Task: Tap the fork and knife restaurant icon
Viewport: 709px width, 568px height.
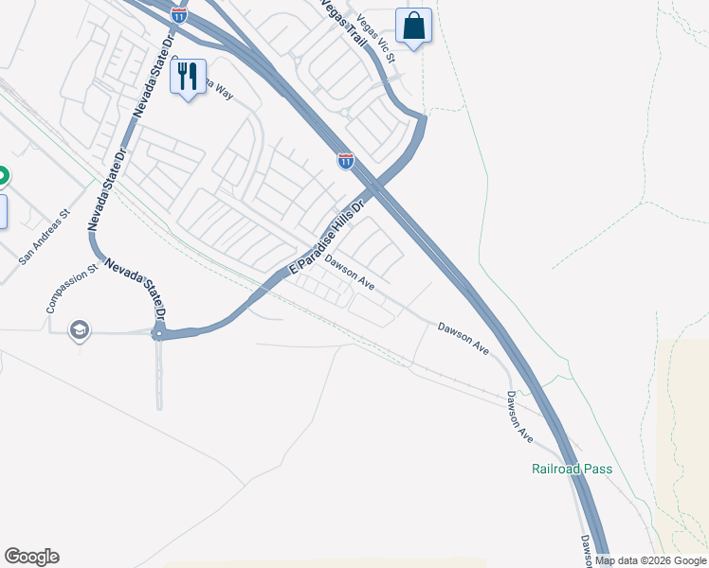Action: [188, 76]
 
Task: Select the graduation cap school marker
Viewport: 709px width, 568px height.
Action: [80, 329]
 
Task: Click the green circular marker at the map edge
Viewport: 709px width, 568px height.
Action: [2, 175]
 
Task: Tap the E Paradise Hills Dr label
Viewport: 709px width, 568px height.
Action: [326, 238]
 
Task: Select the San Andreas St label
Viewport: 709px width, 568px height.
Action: [45, 235]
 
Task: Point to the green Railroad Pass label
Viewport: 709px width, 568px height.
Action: [571, 469]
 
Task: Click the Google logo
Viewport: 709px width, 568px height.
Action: [31, 557]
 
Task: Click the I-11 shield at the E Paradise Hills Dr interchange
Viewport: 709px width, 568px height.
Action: [346, 161]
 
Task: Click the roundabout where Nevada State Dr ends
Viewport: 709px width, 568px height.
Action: [159, 333]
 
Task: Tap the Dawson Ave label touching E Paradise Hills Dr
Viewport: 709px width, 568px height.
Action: [350, 272]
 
